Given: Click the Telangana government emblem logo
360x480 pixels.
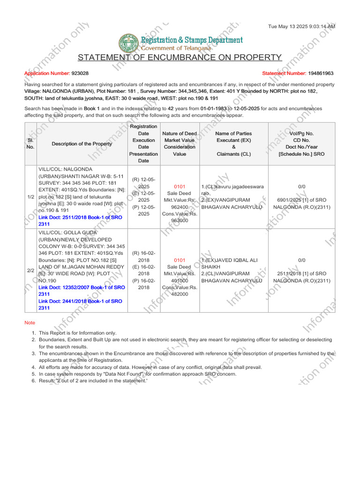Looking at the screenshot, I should click(127, 43).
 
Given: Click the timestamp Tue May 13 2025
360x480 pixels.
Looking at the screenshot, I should click(301, 27).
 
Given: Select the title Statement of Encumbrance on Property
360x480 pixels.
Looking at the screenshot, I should click(180, 58).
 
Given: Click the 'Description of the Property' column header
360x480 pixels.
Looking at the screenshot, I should click(82, 144).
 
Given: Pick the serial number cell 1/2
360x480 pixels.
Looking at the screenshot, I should click(30, 197).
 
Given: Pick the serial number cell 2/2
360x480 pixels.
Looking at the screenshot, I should click(30, 270).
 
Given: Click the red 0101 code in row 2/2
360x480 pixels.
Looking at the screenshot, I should click(180, 260).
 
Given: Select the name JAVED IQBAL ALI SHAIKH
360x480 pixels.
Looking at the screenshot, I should click(230, 263).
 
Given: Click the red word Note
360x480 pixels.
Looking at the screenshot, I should click(30, 323).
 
